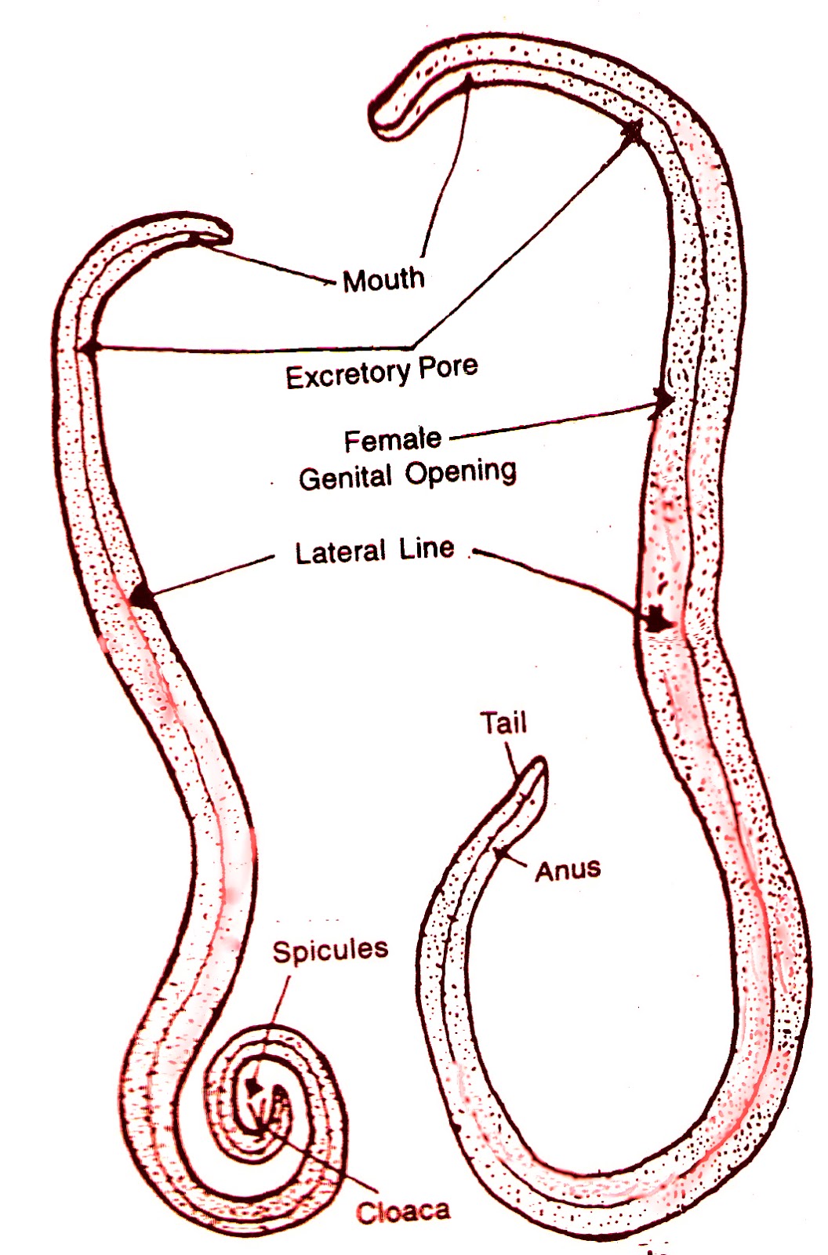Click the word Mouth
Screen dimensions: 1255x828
383,280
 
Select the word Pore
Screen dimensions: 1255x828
448,366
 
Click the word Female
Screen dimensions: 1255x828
392,440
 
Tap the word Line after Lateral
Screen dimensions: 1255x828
427,548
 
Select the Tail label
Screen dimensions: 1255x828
503,722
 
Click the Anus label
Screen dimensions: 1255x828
568,870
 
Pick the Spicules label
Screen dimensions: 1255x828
330,951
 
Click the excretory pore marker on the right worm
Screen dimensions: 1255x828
632,131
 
